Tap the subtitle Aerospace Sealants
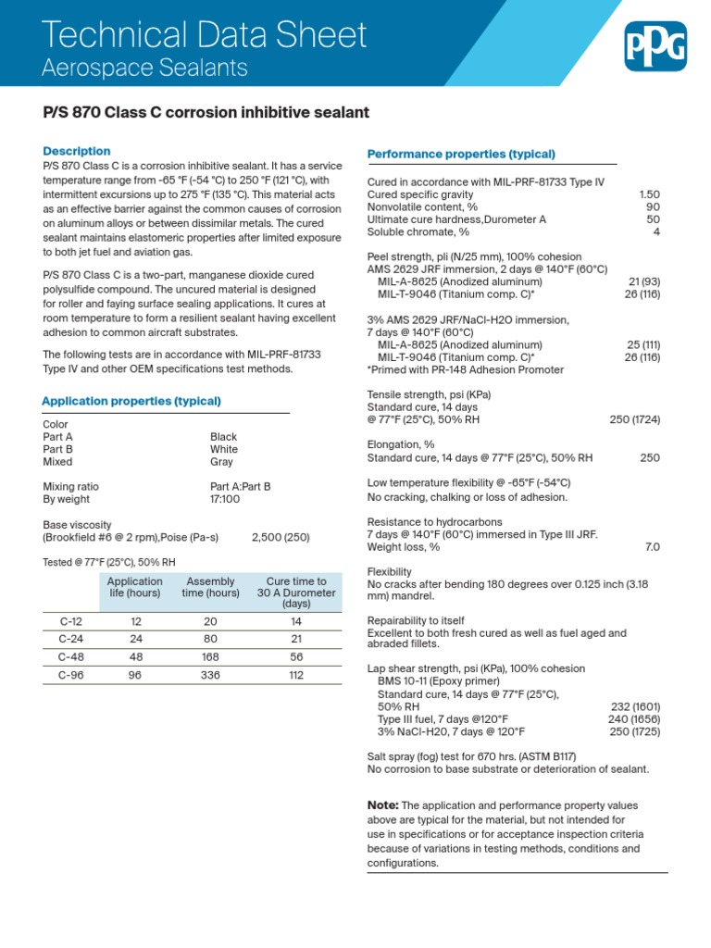pos(145,68)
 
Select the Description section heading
pos(77,151)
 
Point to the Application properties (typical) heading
pos(131,401)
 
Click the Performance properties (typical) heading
pos(461,154)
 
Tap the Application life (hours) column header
pos(135,587)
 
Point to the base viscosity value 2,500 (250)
pos(281,537)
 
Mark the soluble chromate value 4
pos(656,231)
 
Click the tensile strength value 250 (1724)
pos(634,419)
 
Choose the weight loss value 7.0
pos(652,547)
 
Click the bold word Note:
pos(383,805)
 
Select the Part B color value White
pos(224,449)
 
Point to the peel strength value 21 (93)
pos(643,281)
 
